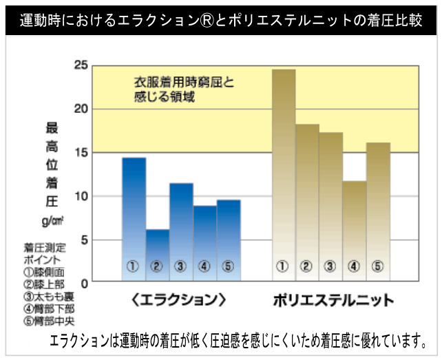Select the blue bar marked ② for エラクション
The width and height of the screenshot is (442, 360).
coord(158,255)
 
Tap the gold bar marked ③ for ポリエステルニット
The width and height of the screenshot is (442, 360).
coord(330,207)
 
